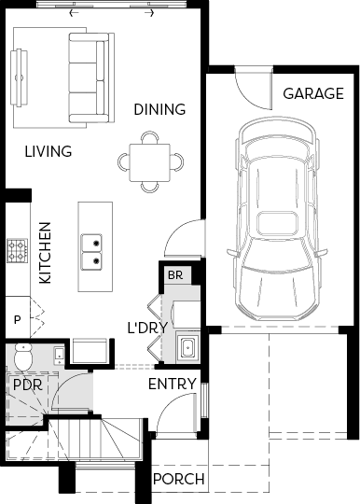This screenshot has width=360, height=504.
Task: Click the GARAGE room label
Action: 313,93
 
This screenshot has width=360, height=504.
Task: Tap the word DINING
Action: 159,109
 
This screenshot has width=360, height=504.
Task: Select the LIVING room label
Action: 48,151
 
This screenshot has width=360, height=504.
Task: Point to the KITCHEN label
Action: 45,253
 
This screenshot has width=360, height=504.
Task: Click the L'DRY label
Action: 147,328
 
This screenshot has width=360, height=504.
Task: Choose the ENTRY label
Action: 173,384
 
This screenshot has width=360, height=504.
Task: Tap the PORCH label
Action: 178,479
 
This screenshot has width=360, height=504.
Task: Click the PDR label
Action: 28,385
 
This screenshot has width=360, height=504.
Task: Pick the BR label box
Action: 175,275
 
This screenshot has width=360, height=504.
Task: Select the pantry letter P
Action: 18,320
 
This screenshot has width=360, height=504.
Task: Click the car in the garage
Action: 277,218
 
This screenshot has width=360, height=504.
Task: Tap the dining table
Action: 150,162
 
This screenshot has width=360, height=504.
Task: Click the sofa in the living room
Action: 91,77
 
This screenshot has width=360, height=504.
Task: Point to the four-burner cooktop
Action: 18,251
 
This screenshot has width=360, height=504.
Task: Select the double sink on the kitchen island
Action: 91,252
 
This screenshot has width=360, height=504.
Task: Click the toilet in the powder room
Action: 23,357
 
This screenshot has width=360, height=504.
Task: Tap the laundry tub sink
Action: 187,347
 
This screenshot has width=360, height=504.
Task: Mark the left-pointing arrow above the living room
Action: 74,13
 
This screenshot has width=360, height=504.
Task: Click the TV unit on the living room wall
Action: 20,77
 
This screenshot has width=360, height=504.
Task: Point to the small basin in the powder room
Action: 59,356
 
